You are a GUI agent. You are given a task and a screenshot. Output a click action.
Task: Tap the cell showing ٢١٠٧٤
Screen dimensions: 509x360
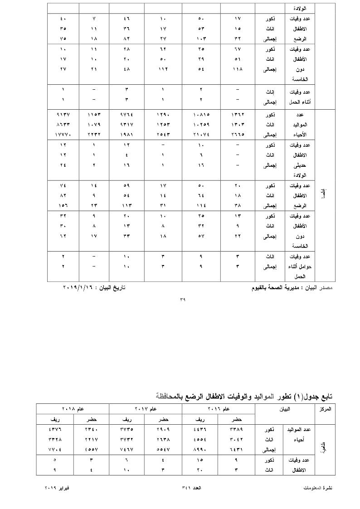coord(199,135)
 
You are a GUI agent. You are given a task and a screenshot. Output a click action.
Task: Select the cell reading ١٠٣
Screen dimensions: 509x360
coord(199,39)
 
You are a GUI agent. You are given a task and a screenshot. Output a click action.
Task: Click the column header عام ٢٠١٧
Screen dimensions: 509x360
coord(146,408)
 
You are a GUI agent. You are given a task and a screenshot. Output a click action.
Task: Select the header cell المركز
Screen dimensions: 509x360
coord(325,408)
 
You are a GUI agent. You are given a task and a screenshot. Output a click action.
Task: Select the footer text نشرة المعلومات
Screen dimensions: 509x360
coord(317,487)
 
